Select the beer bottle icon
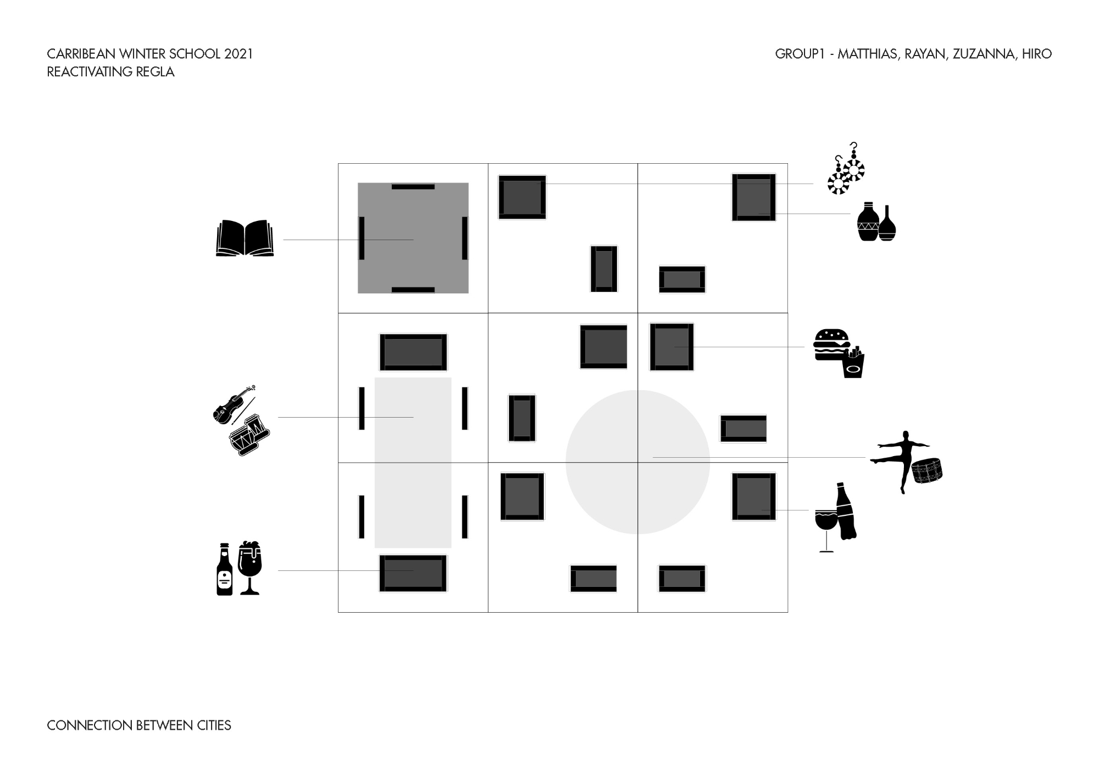click(224, 569)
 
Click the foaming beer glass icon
click(249, 568)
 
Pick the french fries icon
click(853, 362)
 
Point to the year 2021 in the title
click(238, 54)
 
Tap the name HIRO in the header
click(1037, 54)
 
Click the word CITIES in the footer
click(214, 725)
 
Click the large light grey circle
click(637, 462)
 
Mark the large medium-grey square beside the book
click(413, 238)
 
